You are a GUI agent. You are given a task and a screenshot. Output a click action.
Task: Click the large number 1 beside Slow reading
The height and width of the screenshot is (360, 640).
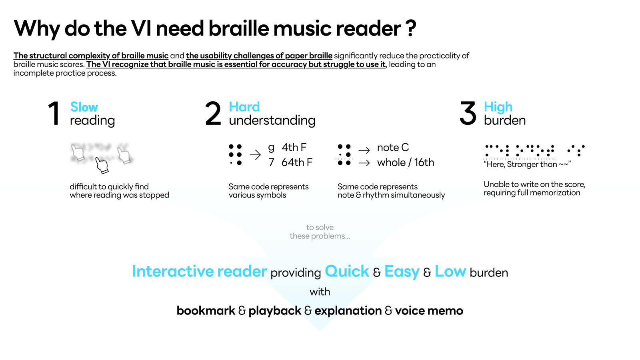pos(54,114)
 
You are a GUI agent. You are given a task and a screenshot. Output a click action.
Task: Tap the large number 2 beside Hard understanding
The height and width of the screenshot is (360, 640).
pos(213,114)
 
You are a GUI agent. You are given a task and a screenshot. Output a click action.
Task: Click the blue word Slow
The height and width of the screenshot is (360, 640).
pos(84,107)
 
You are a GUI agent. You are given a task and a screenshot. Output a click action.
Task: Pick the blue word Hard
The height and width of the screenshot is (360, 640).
pos(244,107)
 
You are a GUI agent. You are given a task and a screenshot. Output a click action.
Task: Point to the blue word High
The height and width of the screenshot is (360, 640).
pos(498,107)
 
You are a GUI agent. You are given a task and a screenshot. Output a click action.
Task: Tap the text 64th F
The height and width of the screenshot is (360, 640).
pos(297,162)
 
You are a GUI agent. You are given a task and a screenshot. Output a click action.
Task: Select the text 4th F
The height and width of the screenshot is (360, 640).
pos(294,148)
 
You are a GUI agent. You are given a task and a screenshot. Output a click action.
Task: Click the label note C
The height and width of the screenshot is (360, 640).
pos(393,148)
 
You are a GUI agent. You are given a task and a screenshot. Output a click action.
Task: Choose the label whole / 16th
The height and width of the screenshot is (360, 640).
pos(405,162)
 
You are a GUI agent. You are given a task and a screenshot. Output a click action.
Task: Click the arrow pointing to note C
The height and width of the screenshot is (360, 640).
pos(364,150)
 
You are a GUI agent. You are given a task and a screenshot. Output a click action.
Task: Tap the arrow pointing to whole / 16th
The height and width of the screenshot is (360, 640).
pos(364,163)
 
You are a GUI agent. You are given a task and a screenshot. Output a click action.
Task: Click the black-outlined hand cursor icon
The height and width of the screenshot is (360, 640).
pos(102,165)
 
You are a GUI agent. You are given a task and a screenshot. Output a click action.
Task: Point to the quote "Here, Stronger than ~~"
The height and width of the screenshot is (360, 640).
pos(527,164)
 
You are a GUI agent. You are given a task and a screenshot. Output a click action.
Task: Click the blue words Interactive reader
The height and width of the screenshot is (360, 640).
pos(199,271)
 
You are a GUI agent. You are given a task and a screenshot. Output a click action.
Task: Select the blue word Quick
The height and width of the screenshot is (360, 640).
pos(347,271)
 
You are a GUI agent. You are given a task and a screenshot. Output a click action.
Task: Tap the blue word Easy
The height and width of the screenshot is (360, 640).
pos(402,271)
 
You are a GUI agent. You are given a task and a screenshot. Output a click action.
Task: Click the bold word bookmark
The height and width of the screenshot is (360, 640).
pos(206,310)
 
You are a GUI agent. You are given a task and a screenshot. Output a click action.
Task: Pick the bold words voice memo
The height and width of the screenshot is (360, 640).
pos(429,310)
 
